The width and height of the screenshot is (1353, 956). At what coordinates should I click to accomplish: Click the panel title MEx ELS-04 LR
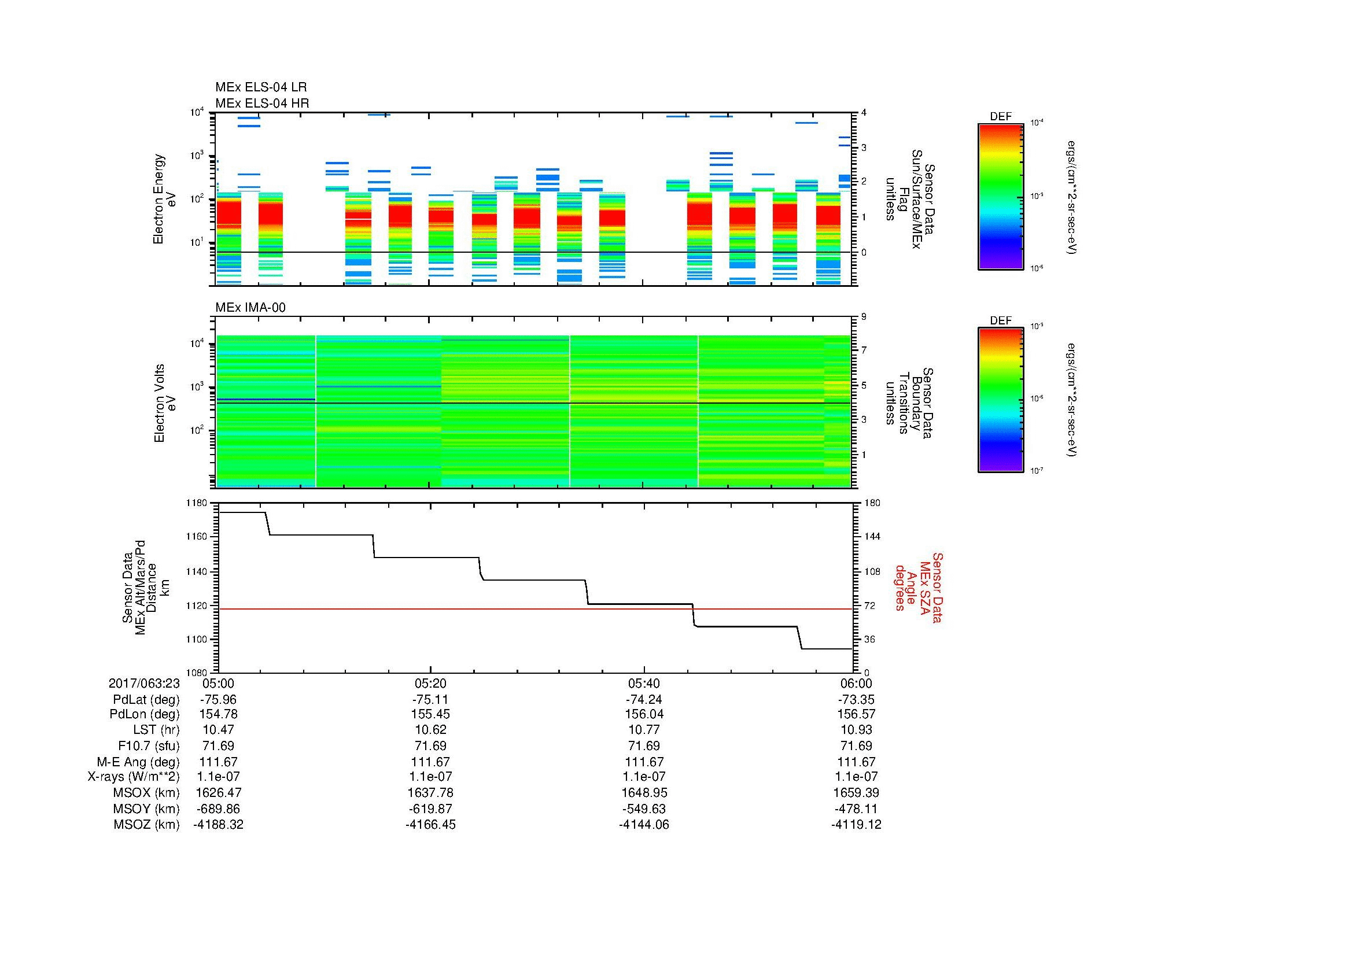click(x=260, y=88)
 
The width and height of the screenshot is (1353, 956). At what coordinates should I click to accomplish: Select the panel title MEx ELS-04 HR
click(x=261, y=104)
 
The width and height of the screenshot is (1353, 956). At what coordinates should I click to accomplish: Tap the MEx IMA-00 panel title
click(x=250, y=308)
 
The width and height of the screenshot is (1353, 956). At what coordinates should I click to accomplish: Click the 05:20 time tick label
click(x=430, y=683)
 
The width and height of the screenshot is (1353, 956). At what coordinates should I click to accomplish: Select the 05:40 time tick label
click(x=643, y=683)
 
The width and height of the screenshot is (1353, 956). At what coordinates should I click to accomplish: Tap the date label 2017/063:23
click(x=144, y=683)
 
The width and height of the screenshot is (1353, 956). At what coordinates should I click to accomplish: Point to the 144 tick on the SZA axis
click(x=872, y=537)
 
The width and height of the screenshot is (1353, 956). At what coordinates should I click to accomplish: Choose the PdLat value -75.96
click(x=218, y=700)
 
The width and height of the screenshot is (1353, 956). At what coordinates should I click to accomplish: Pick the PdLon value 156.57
click(x=856, y=714)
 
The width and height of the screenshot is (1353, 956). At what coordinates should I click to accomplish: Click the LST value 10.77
click(x=643, y=730)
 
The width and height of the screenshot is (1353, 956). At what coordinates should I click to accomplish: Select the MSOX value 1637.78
click(x=430, y=793)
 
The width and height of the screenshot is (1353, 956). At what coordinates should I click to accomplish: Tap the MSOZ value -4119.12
click(x=856, y=825)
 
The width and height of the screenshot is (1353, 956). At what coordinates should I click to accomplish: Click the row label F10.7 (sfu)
click(x=149, y=745)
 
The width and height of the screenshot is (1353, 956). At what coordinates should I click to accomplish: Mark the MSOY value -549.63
click(x=643, y=809)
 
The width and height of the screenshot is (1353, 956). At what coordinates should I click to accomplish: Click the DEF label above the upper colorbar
click(x=1000, y=117)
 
